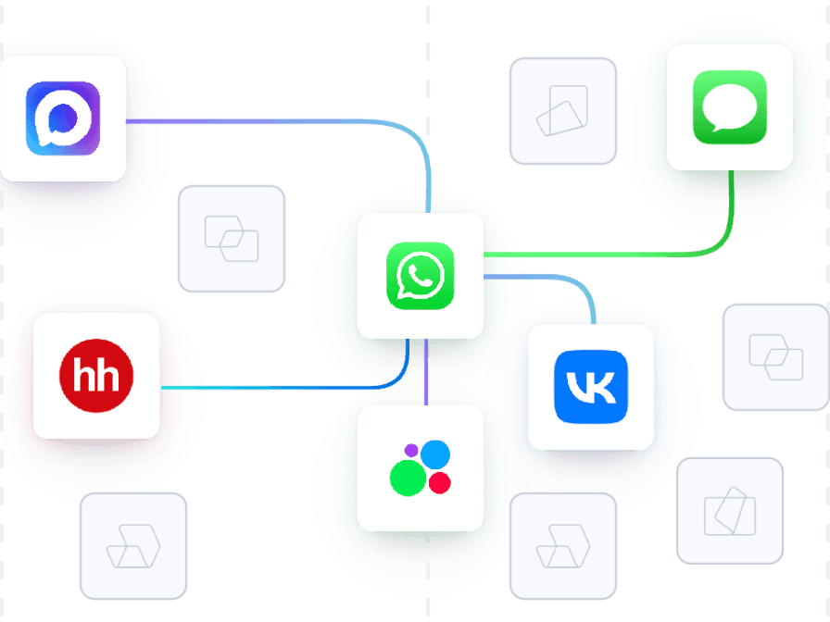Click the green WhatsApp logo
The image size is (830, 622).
(421, 276)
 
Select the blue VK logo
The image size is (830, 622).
(590, 386)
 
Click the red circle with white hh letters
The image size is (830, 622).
(96, 376)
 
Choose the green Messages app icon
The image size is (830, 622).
(730, 107)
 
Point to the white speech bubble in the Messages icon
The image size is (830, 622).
(730, 106)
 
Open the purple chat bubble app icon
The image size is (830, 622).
(62, 118)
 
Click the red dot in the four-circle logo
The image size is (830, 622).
(440, 483)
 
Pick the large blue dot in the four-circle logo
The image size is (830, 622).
(434, 454)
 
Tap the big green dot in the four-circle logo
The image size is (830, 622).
(407, 478)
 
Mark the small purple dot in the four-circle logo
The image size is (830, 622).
(411, 451)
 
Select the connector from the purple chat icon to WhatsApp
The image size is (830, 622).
(278, 121)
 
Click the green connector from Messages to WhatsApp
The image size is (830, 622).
(602, 253)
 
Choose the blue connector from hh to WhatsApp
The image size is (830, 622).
(278, 387)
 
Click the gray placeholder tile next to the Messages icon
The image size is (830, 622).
(562, 111)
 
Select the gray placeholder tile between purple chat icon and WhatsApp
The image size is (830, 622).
(232, 239)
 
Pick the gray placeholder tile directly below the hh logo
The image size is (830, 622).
(133, 545)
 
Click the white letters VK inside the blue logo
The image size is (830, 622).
(590, 386)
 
